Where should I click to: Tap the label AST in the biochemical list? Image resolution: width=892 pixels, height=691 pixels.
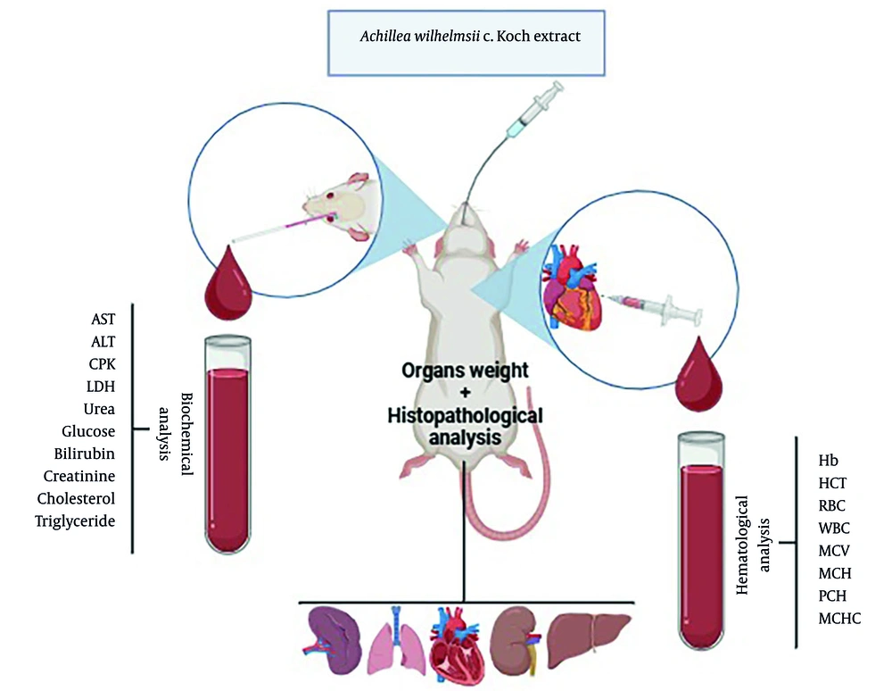103,319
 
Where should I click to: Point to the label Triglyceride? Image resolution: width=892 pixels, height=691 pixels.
76,520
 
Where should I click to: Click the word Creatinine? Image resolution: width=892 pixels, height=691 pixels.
79,476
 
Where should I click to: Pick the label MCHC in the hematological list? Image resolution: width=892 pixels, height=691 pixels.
839,619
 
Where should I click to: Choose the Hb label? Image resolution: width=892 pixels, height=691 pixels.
827,462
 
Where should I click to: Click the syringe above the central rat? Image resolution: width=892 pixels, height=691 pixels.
533,111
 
